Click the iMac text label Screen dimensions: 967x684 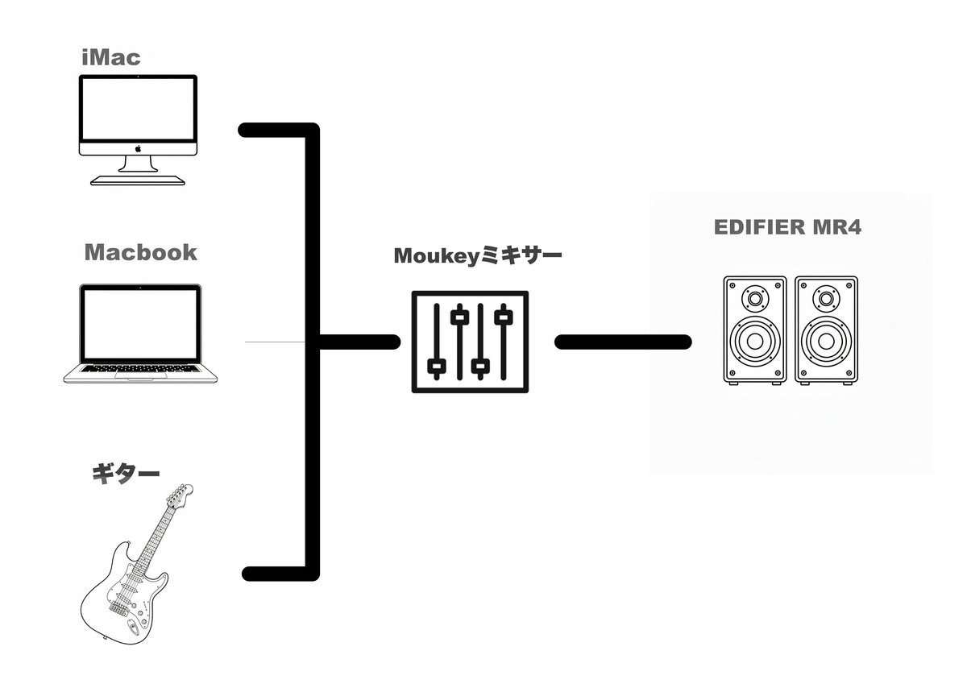pos(111,58)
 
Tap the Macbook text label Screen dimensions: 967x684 pos(141,252)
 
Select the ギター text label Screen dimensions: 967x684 pos(126,475)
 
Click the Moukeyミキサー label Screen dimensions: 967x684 pos(478,255)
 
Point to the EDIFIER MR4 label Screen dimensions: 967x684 pos(787,227)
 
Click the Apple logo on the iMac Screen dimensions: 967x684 pos(138,148)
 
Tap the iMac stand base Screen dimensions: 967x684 pos(138,180)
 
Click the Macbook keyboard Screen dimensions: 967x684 pos(140,368)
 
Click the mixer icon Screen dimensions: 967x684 pos(470,342)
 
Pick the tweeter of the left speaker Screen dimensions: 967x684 pos(755,299)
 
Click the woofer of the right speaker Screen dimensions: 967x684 pos(826,342)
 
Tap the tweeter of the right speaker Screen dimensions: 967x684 pos(826,299)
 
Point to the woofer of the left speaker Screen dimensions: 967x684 pos(755,342)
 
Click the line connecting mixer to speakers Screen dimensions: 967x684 pos(623,342)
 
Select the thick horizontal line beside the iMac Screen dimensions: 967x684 pos(279,131)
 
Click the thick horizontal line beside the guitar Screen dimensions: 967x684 pos(280,573)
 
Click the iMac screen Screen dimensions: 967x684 pos(138,109)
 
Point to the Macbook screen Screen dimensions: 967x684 pos(140,324)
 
